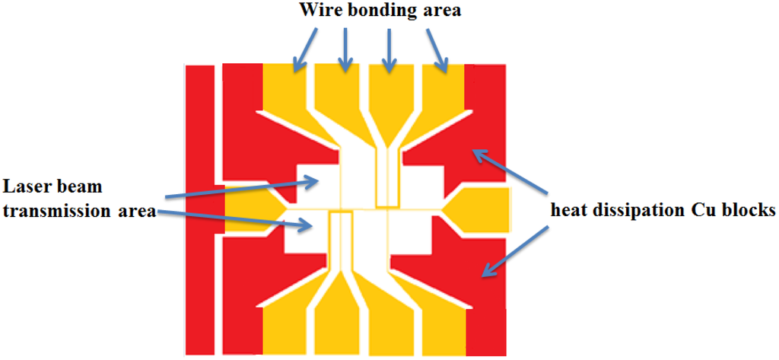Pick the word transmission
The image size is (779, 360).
pos(58,212)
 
